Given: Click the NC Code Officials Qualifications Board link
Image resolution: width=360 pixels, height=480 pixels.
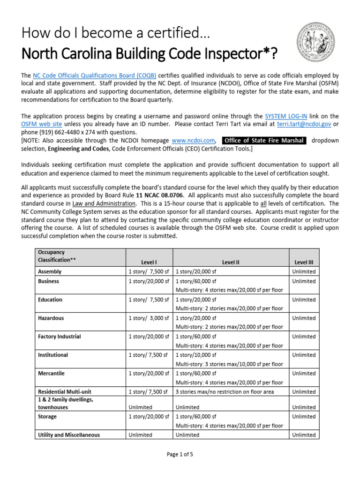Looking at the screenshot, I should (x=94, y=75).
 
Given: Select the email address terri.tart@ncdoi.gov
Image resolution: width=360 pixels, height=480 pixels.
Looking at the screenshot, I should (x=303, y=124).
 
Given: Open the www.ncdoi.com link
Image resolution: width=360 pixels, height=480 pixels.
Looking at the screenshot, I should (x=193, y=140).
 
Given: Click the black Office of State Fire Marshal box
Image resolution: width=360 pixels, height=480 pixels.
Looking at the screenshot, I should (x=264, y=140).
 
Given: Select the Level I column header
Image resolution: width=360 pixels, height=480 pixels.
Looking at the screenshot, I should (x=149, y=262).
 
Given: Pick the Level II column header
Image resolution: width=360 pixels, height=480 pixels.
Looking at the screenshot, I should (x=230, y=262).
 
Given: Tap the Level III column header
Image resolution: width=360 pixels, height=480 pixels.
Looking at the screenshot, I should (x=303, y=262).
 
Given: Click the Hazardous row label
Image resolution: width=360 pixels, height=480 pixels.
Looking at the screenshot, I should (x=51, y=318).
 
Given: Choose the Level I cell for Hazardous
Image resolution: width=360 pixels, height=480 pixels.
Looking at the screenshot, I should (x=149, y=318).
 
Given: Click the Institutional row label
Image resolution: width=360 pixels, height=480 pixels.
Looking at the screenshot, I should (x=52, y=355).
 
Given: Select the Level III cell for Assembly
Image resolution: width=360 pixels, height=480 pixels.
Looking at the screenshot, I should (x=304, y=271).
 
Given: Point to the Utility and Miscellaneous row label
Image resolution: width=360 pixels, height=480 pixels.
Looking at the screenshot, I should (x=68, y=435).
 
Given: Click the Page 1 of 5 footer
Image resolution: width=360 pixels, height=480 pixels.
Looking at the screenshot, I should (x=180, y=454).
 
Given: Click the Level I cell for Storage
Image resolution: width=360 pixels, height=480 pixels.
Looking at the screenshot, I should (x=149, y=417).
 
